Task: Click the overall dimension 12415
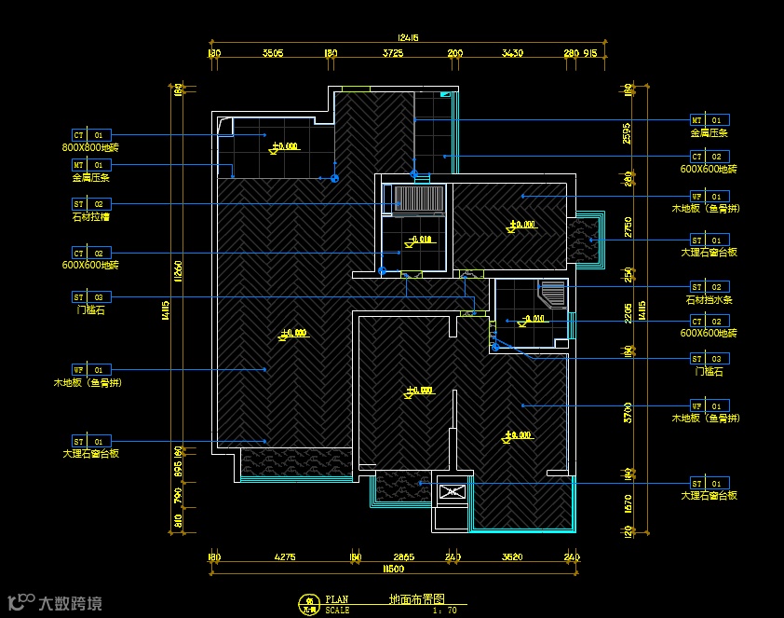pyautogui.click(x=408, y=38)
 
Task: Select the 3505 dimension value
pyautogui.click(x=273, y=54)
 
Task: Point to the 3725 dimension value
pyautogui.click(x=393, y=54)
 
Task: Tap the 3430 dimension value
pyautogui.click(x=512, y=54)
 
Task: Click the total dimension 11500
pyautogui.click(x=394, y=569)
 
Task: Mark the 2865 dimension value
pyautogui.click(x=403, y=557)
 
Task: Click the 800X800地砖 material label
pyautogui.click(x=90, y=147)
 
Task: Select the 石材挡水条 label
pyautogui.click(x=710, y=300)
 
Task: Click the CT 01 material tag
pyautogui.click(x=91, y=135)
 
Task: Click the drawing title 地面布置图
pyautogui.click(x=416, y=599)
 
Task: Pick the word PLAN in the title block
pyautogui.click(x=337, y=599)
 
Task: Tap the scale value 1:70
pyautogui.click(x=445, y=611)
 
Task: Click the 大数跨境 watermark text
pyautogui.click(x=71, y=602)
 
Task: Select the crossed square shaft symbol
pyautogui.click(x=452, y=491)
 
